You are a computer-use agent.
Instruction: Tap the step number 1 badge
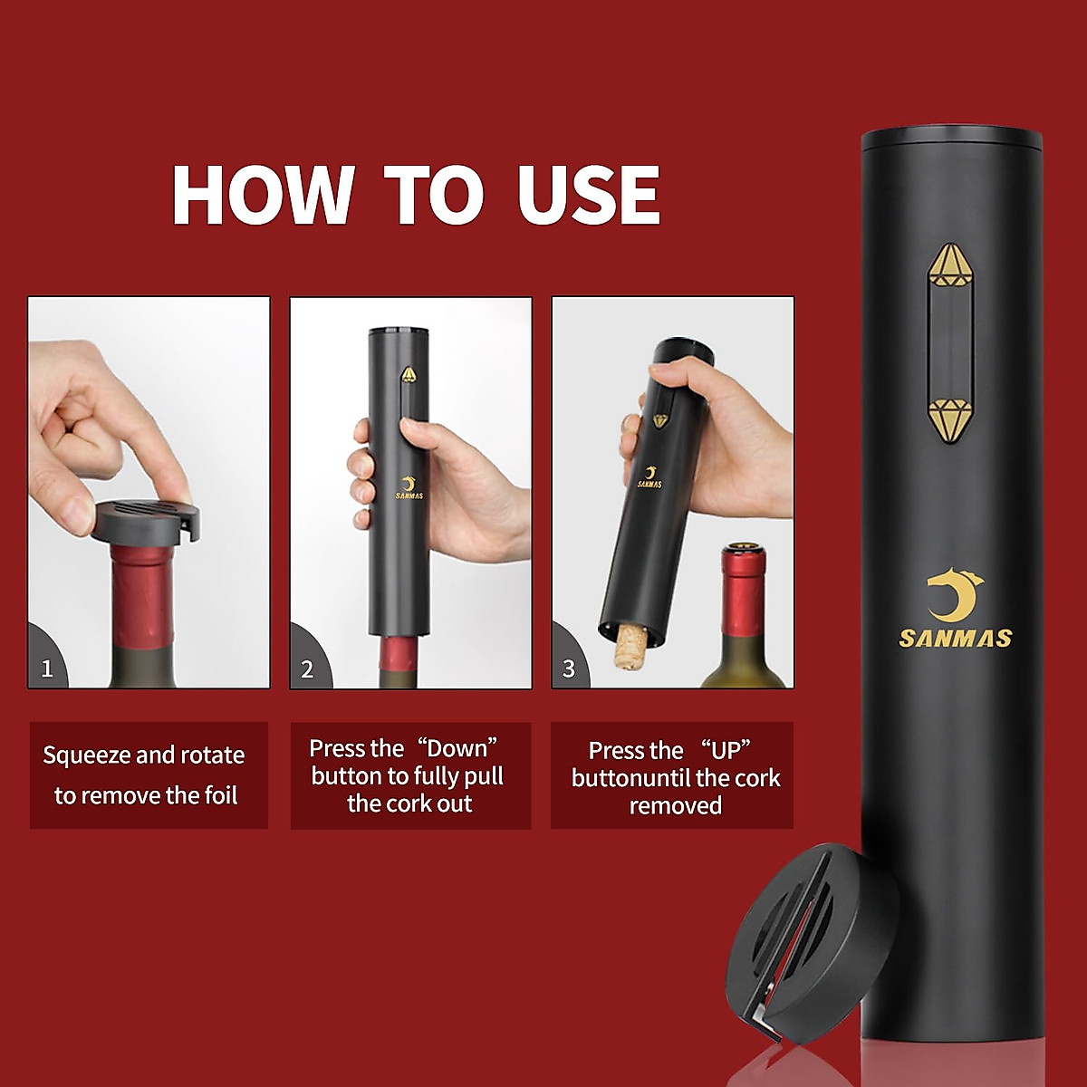click(x=47, y=669)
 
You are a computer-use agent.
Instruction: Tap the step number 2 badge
click(x=307, y=669)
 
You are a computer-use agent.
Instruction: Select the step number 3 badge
click(x=569, y=669)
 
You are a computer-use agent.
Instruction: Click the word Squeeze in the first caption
click(x=86, y=755)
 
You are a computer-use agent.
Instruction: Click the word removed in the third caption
click(x=676, y=805)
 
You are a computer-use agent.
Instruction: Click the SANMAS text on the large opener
click(x=955, y=639)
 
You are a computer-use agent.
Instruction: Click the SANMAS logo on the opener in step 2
click(x=409, y=488)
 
